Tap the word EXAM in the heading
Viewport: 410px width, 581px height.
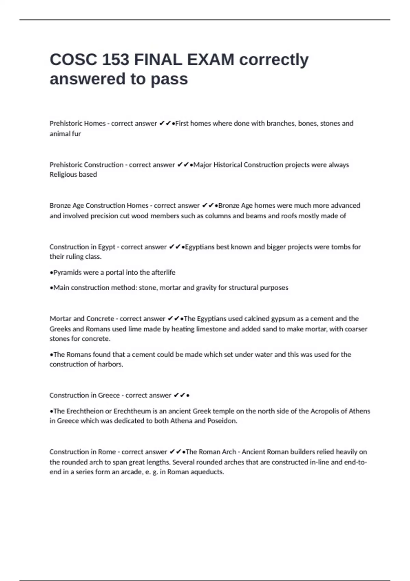210,60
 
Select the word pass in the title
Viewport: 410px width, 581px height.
169,79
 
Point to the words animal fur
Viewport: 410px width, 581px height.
65,134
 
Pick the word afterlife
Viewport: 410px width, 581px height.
161,272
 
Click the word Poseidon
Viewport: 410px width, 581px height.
222,421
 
